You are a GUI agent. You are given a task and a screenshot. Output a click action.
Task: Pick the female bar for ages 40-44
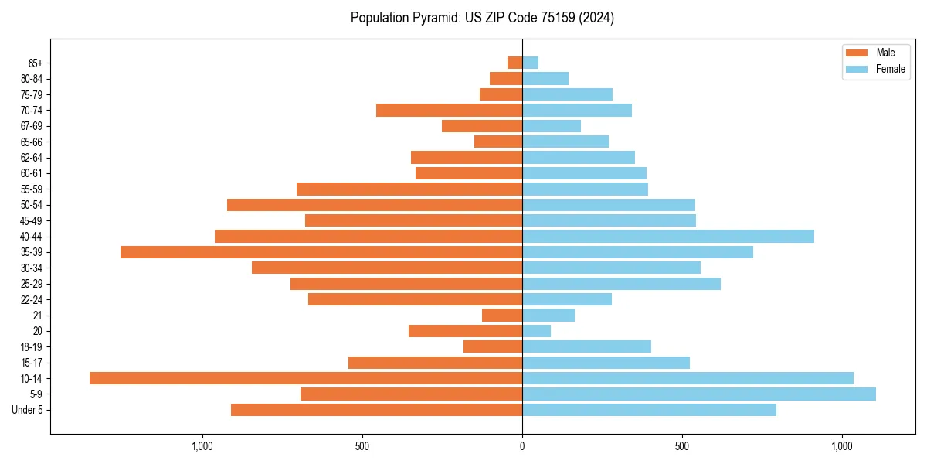click(668, 236)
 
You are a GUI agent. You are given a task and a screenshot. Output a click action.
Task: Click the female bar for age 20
click(537, 331)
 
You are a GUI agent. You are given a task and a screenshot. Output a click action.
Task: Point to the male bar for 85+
click(514, 63)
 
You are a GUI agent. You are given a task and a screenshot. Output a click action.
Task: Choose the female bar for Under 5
click(649, 410)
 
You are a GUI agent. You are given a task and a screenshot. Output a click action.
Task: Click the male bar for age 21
click(502, 315)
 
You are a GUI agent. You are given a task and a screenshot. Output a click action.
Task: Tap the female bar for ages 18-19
click(587, 346)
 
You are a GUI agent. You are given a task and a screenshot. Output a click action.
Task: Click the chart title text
click(482, 18)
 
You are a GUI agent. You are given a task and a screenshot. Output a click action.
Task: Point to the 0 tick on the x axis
click(522, 446)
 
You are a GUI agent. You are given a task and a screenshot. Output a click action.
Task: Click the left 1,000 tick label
click(202, 446)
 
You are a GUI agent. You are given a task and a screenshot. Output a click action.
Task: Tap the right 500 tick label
click(682, 446)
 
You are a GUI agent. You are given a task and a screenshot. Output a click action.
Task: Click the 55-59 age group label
click(31, 189)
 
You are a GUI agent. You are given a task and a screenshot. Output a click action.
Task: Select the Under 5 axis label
click(27, 410)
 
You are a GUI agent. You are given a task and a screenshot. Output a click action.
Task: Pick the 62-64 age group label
click(31, 158)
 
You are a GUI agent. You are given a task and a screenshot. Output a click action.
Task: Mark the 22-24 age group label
click(31, 299)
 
